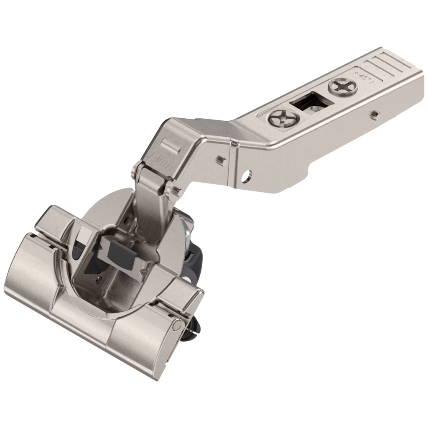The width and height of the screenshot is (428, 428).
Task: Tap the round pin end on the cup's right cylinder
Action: pos(177,324)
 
